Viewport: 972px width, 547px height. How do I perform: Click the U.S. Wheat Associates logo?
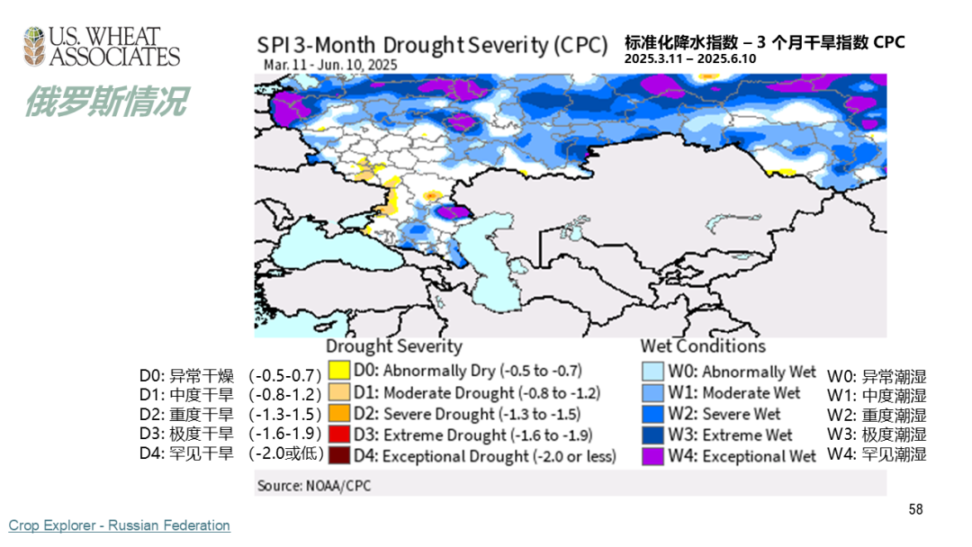click(x=101, y=48)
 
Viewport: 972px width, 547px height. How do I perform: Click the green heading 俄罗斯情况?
click(x=105, y=102)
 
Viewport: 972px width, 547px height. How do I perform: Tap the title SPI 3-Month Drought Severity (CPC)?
click(x=432, y=45)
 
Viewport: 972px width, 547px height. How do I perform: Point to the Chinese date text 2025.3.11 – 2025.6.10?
click(x=690, y=58)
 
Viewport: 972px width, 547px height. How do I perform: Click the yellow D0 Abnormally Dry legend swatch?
click(x=338, y=371)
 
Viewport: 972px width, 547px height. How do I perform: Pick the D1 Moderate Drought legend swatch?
click(x=338, y=392)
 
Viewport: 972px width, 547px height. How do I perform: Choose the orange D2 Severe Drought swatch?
click(x=338, y=414)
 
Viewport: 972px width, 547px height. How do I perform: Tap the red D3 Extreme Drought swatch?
click(x=338, y=435)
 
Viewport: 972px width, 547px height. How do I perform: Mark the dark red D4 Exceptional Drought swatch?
click(x=338, y=456)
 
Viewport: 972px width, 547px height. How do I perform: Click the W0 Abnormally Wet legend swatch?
click(x=652, y=372)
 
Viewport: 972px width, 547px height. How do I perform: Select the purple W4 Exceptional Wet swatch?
click(x=652, y=456)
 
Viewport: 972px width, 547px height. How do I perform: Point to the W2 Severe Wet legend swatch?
click(x=652, y=414)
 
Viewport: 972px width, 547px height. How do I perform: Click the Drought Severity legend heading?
click(x=393, y=346)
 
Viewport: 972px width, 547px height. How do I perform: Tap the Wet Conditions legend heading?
click(x=703, y=346)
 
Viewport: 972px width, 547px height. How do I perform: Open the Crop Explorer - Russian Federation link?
click(x=120, y=525)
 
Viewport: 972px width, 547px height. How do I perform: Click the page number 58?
click(x=915, y=509)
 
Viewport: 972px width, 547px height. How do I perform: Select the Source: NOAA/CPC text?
click(x=313, y=485)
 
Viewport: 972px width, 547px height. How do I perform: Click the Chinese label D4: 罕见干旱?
click(x=186, y=453)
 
